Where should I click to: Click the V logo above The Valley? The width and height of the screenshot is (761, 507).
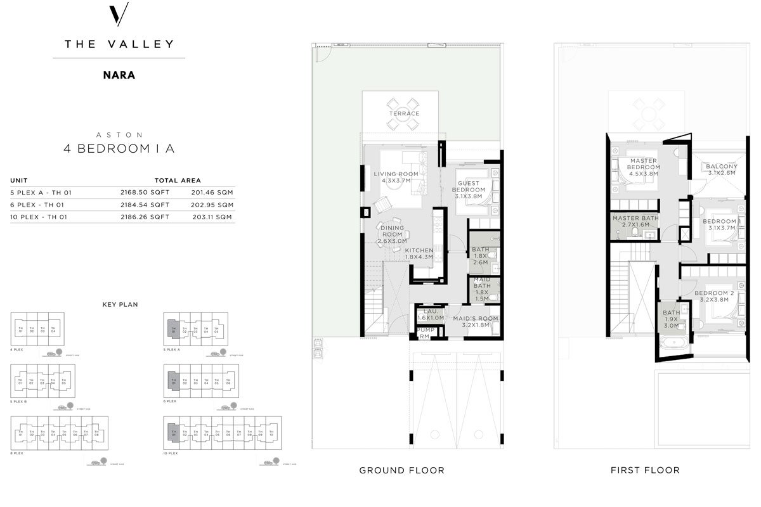click(119, 15)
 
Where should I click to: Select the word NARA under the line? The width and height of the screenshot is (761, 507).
click(119, 74)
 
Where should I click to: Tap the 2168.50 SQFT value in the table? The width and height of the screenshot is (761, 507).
click(145, 193)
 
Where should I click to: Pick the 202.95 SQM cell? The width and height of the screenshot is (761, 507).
click(212, 205)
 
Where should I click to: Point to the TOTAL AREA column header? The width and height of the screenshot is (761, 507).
click(178, 181)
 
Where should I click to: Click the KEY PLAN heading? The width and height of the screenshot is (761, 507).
click(120, 304)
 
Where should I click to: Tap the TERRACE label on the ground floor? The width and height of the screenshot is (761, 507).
click(405, 113)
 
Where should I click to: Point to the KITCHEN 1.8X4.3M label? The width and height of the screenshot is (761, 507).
click(419, 253)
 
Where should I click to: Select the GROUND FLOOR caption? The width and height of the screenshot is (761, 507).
click(401, 470)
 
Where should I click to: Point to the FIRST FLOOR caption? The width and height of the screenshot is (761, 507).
click(645, 470)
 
